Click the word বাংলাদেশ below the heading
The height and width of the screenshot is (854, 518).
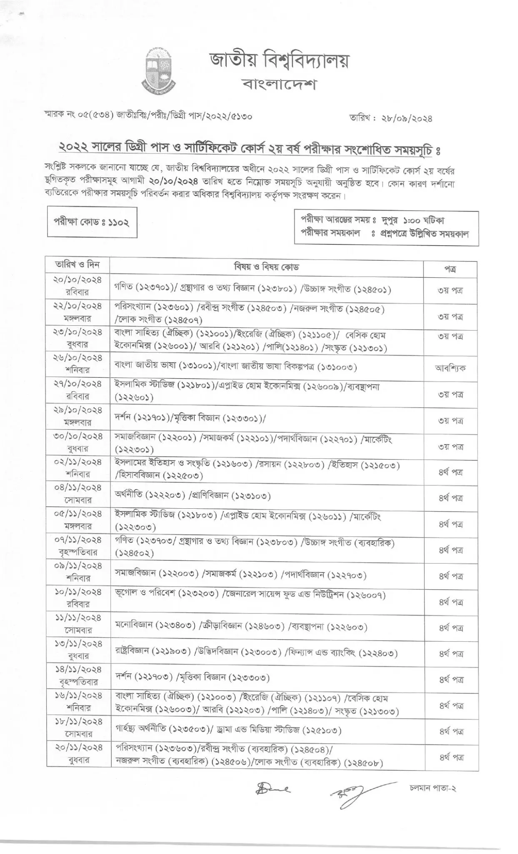[279, 85]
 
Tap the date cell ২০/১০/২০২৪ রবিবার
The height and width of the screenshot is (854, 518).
[78, 286]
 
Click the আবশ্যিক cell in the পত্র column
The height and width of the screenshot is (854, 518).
[450, 368]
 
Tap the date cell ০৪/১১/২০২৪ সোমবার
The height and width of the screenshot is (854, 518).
[78, 493]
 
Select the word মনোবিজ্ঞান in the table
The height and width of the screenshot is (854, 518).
[134, 626]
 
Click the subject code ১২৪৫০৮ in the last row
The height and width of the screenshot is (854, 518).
[362, 763]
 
